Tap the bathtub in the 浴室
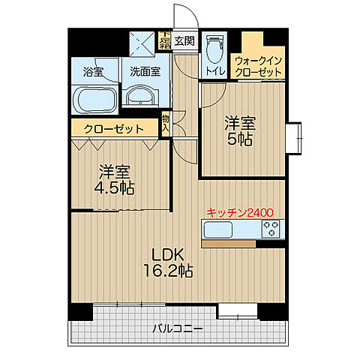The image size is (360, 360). pos(93,98)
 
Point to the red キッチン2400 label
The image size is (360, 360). pos(240,213)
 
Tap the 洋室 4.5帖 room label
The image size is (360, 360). pos(112,179)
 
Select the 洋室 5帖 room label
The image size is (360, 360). pos(240,130)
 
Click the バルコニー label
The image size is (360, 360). pos(173,328)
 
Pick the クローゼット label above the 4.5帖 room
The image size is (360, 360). pos(114,129)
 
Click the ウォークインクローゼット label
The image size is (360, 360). pos(258,65)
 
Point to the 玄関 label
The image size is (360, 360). pos(184,41)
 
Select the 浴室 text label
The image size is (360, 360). pos(93,73)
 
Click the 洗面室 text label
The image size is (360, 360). pos(143,73)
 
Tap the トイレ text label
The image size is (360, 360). pos(214,72)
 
